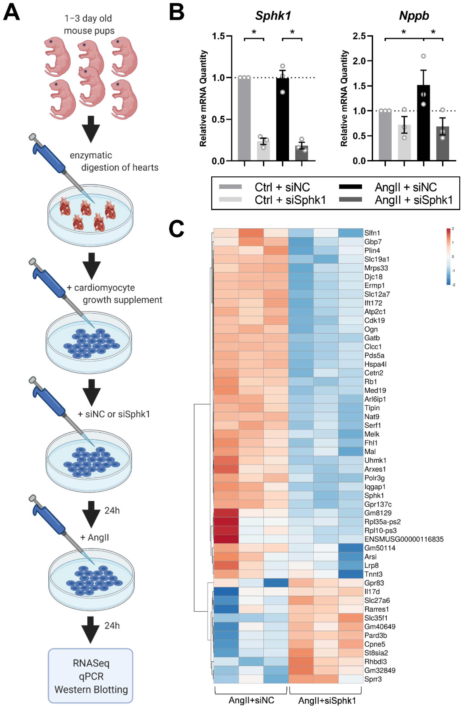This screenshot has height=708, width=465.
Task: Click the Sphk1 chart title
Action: [273, 16]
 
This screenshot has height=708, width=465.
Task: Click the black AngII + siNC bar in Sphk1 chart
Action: [282, 119]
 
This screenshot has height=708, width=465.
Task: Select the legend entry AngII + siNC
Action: [405, 187]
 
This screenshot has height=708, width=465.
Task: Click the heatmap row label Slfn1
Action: [372, 233]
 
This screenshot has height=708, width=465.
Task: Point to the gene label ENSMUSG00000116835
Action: [404, 539]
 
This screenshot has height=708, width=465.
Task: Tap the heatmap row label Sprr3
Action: [373, 679]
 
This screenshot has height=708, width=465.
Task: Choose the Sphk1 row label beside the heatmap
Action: [374, 495]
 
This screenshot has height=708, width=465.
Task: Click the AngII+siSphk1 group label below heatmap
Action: [327, 700]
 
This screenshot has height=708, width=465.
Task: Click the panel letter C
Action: [176, 229]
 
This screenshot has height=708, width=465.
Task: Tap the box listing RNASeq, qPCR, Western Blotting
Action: [91, 676]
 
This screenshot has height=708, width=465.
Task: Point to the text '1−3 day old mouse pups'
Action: [89, 24]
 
